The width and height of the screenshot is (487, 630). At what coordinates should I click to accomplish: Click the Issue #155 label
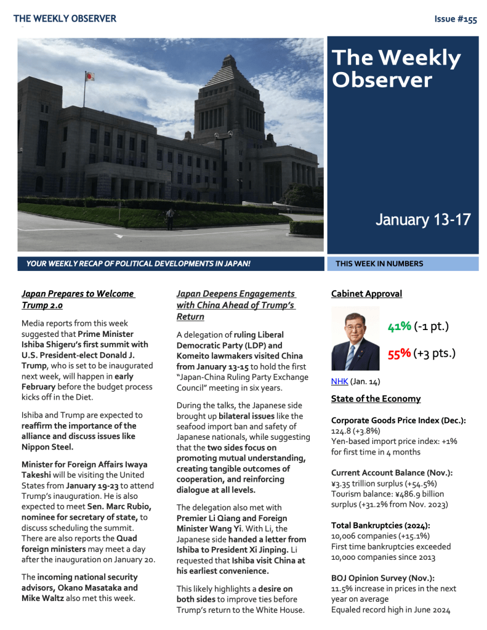pos(455,19)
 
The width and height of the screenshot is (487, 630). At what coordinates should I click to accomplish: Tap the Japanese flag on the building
pos(90,76)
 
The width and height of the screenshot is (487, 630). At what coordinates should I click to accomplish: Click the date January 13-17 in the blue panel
pos(422,220)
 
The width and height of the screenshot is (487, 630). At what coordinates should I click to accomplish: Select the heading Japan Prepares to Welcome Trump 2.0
pos(78,299)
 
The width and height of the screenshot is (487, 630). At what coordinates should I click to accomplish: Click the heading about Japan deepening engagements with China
pos(235,305)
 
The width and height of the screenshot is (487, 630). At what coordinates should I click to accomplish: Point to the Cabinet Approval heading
pos(366,294)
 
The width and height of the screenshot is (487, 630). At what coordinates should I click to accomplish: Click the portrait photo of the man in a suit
pos(355,338)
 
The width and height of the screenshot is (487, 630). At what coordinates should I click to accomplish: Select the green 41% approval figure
pos(399,326)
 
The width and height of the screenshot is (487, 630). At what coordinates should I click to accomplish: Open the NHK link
pos(339,381)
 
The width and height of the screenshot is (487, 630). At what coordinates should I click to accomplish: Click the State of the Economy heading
pos(376,398)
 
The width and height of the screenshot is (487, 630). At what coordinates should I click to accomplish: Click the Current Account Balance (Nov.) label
pos(392,472)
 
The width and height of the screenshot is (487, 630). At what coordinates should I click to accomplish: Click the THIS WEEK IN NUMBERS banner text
pos(379,264)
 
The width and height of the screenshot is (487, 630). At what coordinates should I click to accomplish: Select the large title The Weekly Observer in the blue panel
pos(396,68)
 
